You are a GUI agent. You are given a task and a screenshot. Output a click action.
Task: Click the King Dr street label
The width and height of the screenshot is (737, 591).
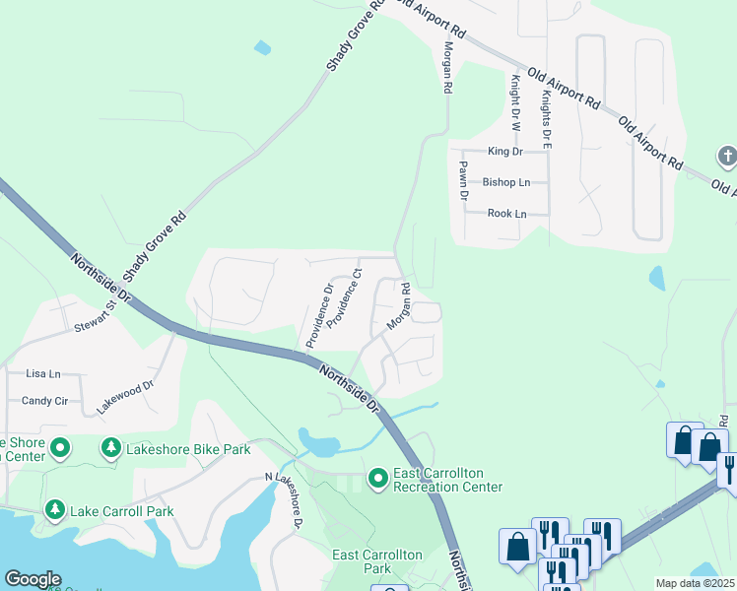(503, 152)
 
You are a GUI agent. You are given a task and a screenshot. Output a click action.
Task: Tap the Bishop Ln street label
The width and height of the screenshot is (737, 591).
(506, 182)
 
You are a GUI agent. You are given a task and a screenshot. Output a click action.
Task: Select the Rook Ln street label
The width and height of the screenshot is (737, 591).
(506, 214)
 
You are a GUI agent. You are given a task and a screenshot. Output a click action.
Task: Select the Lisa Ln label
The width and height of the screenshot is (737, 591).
(43, 374)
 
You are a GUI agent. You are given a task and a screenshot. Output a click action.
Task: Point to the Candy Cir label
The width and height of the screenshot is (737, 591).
(44, 401)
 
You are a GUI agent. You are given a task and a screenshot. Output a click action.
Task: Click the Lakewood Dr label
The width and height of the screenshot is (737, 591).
(126, 396)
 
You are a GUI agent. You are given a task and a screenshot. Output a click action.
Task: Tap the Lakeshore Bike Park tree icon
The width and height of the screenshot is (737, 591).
(110, 449)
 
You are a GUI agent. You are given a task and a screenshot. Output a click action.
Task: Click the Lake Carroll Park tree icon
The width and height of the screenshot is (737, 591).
(53, 511)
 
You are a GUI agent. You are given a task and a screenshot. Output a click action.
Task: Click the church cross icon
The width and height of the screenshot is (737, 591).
(726, 156)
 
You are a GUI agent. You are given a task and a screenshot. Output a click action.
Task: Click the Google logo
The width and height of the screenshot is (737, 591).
(33, 579)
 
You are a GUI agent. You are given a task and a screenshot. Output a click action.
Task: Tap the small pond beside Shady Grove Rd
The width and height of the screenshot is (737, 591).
(262, 46)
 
